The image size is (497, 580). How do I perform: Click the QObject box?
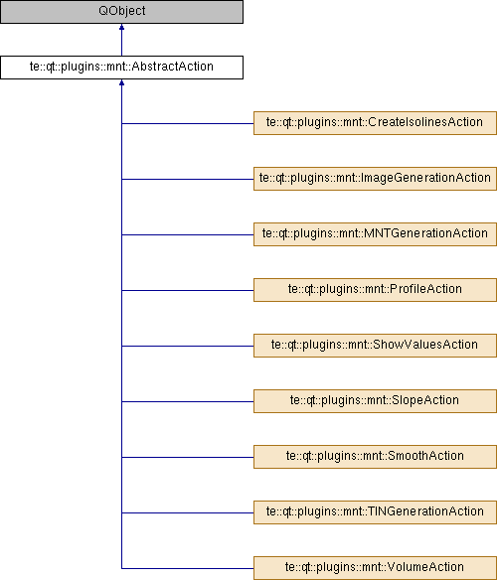(x=121, y=12)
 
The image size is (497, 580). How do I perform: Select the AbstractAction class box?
(x=121, y=68)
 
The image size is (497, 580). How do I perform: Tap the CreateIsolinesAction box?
(x=375, y=123)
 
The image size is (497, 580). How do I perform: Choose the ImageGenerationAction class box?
(x=375, y=179)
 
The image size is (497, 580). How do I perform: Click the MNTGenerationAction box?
(x=375, y=234)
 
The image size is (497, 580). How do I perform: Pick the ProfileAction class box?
(x=375, y=290)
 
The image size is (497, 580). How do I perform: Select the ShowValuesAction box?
(x=375, y=346)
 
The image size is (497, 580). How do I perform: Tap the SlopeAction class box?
(x=375, y=401)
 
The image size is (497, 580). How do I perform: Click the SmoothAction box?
(x=375, y=457)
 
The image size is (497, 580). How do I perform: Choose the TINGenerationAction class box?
(x=375, y=512)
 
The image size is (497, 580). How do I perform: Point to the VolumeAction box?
(x=375, y=568)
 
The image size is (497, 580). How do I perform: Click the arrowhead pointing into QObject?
(x=121, y=27)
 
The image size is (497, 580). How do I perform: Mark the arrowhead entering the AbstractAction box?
(x=121, y=82)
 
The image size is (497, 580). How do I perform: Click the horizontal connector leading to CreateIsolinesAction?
(x=188, y=123)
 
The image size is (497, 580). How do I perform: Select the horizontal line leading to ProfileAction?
(x=188, y=290)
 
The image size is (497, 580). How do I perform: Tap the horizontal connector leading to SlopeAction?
(x=188, y=401)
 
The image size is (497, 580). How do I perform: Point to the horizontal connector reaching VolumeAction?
(x=188, y=568)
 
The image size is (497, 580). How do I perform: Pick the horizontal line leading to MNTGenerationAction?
(x=188, y=234)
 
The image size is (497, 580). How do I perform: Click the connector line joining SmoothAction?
(x=188, y=457)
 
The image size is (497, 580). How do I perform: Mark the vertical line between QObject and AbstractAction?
(x=121, y=40)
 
